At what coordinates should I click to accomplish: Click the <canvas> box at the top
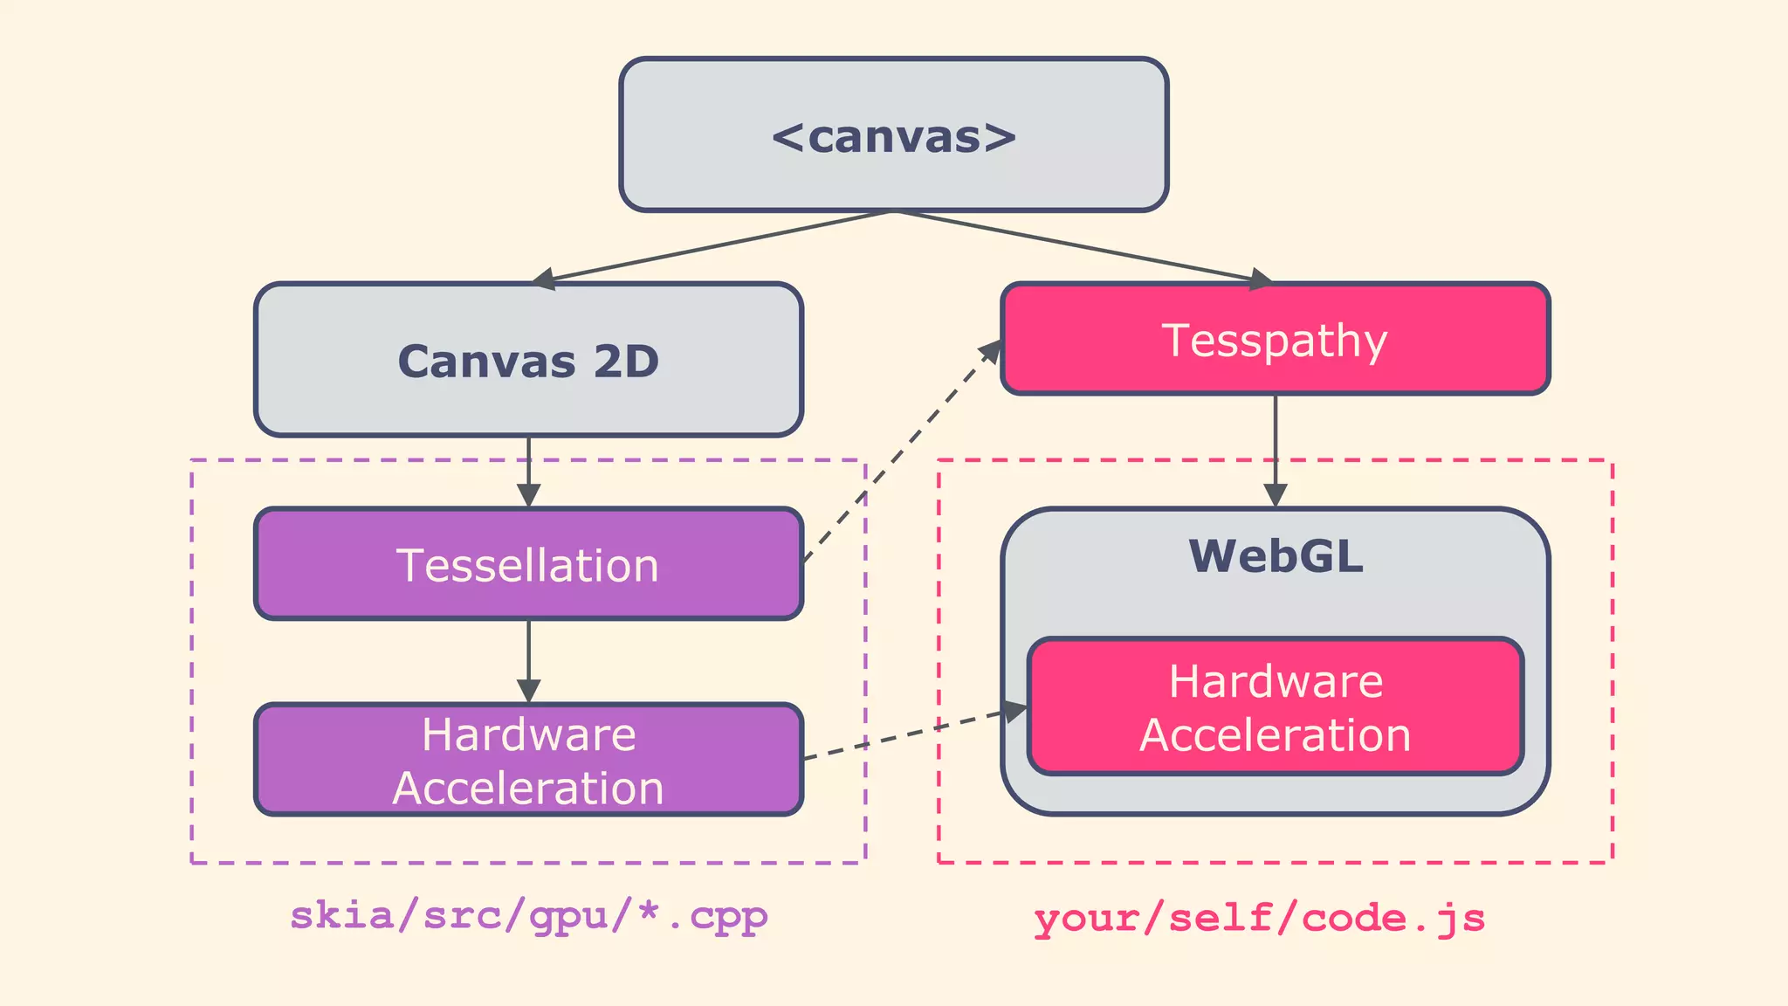click(x=893, y=135)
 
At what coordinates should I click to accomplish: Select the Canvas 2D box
click(x=528, y=360)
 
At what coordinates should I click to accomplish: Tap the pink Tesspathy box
click(x=1275, y=339)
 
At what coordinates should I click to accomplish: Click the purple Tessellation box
click(x=528, y=564)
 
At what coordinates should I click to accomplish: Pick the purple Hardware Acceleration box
click(x=528, y=760)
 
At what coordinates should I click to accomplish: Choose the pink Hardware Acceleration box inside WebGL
click(x=1275, y=707)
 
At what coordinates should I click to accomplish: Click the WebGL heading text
click(x=1275, y=556)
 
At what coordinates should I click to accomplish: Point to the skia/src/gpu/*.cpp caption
click(x=528, y=915)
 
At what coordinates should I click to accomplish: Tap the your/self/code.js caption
click(x=1259, y=918)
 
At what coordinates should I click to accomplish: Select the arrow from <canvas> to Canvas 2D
click(x=712, y=246)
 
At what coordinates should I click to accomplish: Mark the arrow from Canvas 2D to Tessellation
click(x=528, y=472)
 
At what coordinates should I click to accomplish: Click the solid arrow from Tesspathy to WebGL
click(x=1275, y=450)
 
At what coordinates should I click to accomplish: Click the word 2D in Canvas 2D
click(x=626, y=361)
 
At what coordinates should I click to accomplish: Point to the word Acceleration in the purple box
click(x=528, y=789)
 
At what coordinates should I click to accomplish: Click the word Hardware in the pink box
click(x=1275, y=681)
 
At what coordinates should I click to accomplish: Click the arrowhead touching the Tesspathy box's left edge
click(x=991, y=351)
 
